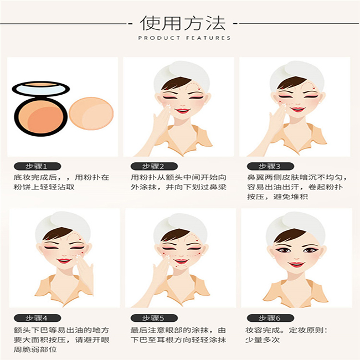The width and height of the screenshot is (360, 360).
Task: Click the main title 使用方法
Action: [183, 23]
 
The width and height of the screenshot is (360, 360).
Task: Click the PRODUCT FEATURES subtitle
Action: [184, 38]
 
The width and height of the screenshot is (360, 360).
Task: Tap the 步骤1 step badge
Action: [38, 166]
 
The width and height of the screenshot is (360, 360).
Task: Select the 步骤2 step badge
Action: [154, 166]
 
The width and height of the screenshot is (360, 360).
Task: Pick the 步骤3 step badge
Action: [270, 166]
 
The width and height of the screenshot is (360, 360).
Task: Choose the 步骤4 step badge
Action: [38, 318]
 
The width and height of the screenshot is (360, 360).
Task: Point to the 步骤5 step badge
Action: [154, 318]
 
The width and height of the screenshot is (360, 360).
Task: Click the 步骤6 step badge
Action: [270, 318]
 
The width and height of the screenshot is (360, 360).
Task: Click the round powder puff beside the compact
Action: [91, 114]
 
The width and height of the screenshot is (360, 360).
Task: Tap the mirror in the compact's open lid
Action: [40, 89]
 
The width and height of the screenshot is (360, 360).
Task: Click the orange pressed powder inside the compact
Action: [41, 117]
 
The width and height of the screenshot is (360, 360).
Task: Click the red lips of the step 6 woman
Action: [296, 265]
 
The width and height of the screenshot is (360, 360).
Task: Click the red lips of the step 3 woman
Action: [298, 109]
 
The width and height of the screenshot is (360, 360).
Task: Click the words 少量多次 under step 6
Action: [263, 340]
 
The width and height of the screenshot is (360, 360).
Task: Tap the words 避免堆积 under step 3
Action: [290, 197]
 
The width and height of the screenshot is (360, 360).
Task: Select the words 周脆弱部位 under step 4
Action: [35, 349]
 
